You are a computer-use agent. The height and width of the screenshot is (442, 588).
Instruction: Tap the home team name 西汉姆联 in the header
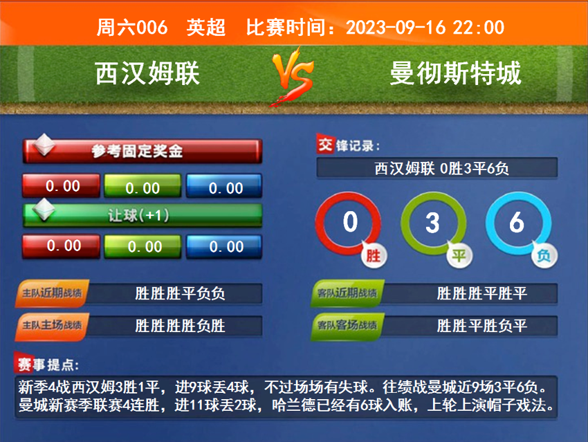[147, 73]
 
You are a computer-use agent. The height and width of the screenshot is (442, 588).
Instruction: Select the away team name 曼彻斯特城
[456, 73]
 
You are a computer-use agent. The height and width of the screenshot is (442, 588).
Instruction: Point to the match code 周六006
[132, 28]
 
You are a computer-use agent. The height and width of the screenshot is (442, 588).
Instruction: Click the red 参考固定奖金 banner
[143, 151]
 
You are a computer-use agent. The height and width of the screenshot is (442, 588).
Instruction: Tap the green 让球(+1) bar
[143, 215]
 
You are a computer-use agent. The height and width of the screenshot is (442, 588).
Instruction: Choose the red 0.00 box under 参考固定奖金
[62, 186]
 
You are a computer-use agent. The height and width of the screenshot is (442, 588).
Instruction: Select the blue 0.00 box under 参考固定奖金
[225, 187]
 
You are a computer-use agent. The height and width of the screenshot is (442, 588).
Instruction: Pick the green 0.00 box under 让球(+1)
[144, 246]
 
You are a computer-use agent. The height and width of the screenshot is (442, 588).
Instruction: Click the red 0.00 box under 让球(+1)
[62, 246]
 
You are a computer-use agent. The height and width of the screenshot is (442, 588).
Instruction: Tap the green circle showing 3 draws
[432, 223]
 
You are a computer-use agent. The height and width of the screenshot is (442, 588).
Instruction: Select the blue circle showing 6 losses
[516, 223]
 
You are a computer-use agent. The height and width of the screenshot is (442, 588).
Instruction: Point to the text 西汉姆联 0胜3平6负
[437, 168]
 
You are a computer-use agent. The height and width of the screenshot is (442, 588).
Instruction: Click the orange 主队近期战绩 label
[51, 293]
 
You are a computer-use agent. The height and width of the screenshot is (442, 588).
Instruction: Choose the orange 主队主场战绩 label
[51, 325]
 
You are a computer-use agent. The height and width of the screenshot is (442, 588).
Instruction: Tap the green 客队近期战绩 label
[346, 293]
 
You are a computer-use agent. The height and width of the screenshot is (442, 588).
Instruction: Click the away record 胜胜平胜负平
[481, 325]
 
